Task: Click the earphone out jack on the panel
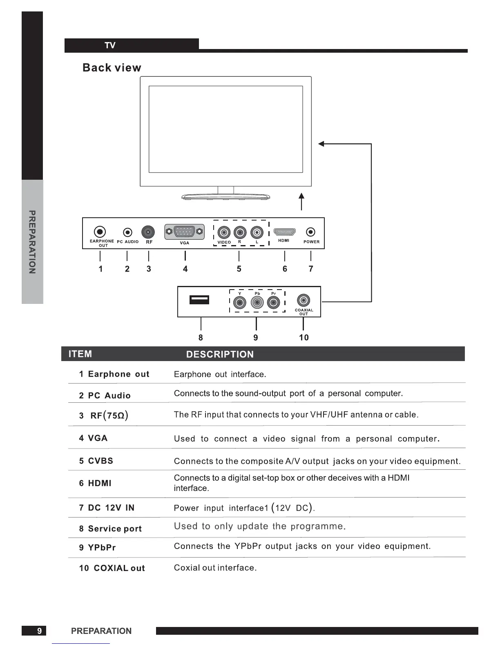pos(100,232)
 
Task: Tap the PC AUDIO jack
pos(128,232)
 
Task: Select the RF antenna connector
pos(148,232)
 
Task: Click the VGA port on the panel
pos(184,232)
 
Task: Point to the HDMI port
pos(284,232)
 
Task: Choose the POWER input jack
pos(311,232)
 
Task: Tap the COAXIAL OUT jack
pos(303,301)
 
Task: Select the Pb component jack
pos(257,303)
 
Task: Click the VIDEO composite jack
pos(224,232)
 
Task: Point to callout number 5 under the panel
pos(239,269)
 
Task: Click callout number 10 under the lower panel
pos(304,337)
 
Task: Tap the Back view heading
pos(112,68)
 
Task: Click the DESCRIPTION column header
pos(220,354)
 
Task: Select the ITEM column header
pos(80,354)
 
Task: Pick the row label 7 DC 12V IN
pos(107,508)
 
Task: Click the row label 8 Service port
pos(110,529)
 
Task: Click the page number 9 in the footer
pos(39,631)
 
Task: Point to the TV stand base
pos(225,197)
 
